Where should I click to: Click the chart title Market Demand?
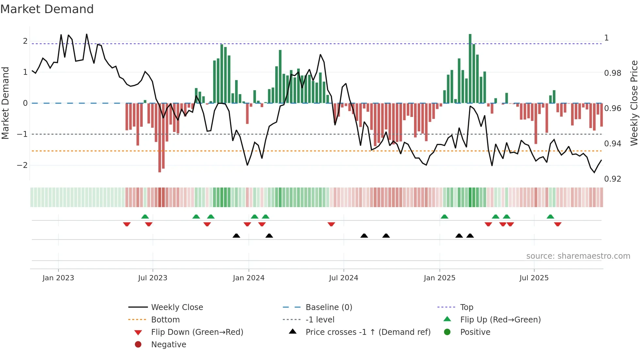pos(47,9)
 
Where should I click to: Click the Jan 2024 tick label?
pos(248,278)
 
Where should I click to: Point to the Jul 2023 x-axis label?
pos(152,278)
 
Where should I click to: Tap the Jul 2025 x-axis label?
pos(534,278)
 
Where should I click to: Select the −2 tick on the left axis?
pos(22,165)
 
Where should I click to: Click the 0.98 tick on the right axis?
pos(613,73)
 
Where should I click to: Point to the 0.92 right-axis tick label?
pos(613,179)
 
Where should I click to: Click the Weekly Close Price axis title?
pos(634,103)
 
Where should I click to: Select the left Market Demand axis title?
pos(6,103)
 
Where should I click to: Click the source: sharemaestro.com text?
pos(578,256)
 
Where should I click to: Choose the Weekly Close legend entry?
pos(177,307)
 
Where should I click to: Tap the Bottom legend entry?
pos(165,320)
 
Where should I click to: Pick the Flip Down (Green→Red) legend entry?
pos(197,332)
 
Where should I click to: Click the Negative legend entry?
pos(168,345)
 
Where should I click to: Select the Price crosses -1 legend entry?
pos(368,332)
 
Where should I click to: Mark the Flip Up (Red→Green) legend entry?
pos(500,320)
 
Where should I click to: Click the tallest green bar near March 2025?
pos(470,69)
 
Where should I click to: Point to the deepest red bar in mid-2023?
pos(160,137)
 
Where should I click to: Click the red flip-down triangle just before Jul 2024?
pos(331,224)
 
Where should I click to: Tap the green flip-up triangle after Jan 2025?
pos(444,217)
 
